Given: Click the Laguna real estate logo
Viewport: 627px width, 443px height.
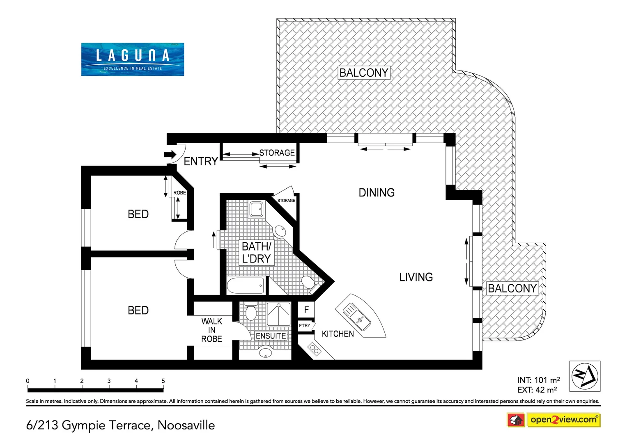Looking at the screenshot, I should [x=132, y=59].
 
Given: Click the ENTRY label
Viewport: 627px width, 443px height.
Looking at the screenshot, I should [x=200, y=162].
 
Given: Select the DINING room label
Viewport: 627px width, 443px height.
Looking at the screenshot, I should [x=377, y=193].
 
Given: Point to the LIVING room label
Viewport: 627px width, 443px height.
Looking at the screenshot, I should [x=416, y=277].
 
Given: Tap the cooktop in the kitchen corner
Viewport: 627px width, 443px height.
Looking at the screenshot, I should [x=315, y=349].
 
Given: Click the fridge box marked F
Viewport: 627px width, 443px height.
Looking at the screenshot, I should [x=306, y=310].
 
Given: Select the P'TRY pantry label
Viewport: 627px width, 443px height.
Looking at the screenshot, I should [x=305, y=326].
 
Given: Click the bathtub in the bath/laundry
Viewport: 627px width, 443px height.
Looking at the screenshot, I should [x=246, y=285].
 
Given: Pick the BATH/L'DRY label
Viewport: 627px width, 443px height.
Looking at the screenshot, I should [x=256, y=253].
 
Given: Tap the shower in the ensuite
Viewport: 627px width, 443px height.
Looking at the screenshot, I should [x=278, y=314].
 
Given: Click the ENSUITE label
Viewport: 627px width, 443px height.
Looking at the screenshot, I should [x=271, y=336].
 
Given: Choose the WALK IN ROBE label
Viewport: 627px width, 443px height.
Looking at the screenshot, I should [x=211, y=330].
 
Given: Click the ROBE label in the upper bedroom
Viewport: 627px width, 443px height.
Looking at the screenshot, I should [x=179, y=193].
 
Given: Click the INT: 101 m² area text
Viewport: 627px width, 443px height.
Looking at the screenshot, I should [x=538, y=380].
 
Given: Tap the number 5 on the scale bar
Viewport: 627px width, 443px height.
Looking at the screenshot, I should [x=163, y=381].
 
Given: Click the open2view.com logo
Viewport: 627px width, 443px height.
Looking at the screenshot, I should [x=563, y=420].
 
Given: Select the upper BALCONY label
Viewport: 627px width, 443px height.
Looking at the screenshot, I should [x=364, y=73].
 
